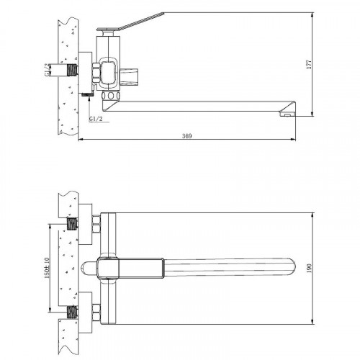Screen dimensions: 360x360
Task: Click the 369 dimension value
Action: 186,136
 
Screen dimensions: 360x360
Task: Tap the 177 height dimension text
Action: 309,64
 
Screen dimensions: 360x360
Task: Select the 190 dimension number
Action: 309,268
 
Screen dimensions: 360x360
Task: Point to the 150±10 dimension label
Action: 47,268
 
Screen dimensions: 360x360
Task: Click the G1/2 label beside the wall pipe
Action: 48,70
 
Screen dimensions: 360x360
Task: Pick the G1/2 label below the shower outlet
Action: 96,119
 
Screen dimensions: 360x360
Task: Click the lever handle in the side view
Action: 142,21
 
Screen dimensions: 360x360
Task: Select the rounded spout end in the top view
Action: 291,267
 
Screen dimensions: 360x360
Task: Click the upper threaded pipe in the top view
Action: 72,224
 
